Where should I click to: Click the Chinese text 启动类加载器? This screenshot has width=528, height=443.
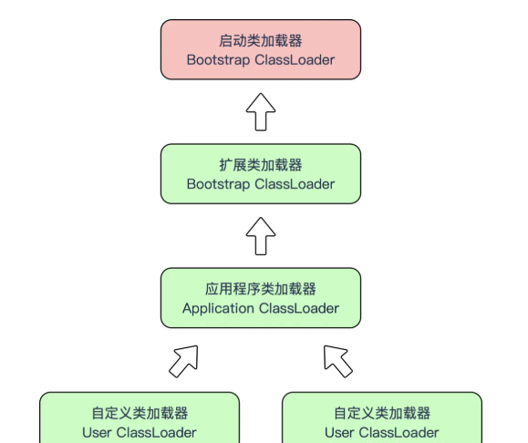[x=261, y=41]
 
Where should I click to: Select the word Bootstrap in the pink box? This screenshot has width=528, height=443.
[x=218, y=60]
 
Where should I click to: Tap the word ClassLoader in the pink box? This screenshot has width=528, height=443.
[x=295, y=60]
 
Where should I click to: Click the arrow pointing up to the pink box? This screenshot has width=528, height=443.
[x=261, y=112]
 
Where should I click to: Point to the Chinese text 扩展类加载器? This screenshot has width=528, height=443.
[x=261, y=165]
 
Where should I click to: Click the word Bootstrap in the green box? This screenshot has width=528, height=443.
[x=218, y=184]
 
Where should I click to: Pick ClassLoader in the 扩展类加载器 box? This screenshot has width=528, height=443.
[x=295, y=184]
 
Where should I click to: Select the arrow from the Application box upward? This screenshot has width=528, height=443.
[x=261, y=236]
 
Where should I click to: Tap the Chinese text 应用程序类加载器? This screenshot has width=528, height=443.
[x=261, y=289]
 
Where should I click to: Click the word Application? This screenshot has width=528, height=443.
[x=218, y=309]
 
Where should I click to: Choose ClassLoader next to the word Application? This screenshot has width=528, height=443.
[x=299, y=308]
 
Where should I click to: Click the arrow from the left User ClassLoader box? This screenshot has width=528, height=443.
[x=184, y=361]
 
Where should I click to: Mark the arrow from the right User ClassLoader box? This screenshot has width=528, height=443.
[x=337, y=361]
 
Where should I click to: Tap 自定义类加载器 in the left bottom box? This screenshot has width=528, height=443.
[x=140, y=414]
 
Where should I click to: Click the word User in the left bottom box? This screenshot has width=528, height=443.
[x=97, y=433]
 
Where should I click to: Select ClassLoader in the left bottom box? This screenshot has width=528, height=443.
[x=156, y=433]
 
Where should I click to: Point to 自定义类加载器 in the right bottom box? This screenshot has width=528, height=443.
[x=382, y=414]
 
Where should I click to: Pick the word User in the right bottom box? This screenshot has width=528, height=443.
[x=339, y=433]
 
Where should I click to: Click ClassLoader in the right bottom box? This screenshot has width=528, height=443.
[x=399, y=433]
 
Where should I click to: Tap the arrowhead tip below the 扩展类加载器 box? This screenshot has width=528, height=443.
[x=261, y=218]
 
